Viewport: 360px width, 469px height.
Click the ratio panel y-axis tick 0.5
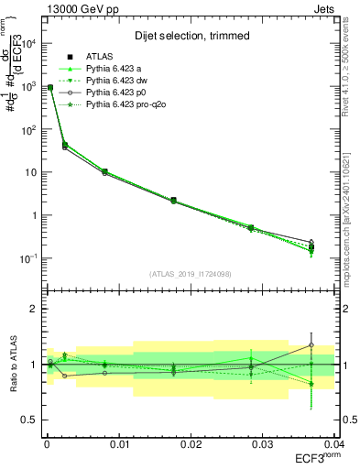34,420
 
